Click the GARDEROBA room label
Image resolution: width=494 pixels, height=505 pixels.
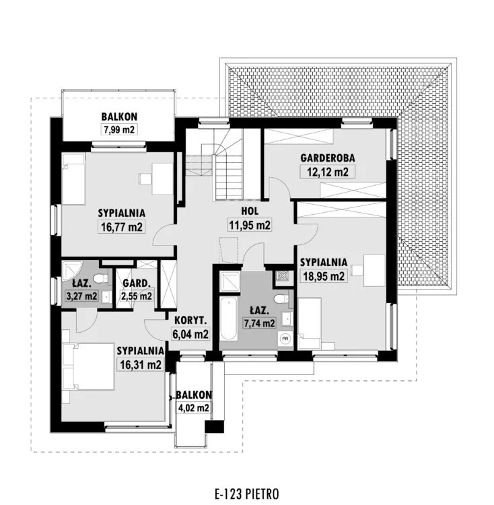point(328,158)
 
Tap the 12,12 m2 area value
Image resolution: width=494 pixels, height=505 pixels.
point(328,172)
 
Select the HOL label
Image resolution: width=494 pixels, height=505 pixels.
point(250,211)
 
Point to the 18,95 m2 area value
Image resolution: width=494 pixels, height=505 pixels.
point(324,276)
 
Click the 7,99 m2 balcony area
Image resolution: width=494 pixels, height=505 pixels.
point(119,130)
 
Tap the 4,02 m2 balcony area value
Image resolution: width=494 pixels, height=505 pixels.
point(193,408)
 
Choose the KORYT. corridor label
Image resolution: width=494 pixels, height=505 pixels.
point(190,321)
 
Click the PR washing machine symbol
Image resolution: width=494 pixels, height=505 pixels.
point(285,339)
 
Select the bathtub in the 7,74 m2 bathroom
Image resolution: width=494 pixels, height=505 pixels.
point(229,319)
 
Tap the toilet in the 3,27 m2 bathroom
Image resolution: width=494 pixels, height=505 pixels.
point(101,278)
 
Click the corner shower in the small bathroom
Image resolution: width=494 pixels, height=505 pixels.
point(72,270)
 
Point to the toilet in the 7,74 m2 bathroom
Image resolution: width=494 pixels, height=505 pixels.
point(281,299)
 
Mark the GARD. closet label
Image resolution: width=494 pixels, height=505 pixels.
point(137,283)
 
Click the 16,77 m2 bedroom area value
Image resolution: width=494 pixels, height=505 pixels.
point(122,227)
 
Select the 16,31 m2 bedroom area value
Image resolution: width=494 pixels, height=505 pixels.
point(140,365)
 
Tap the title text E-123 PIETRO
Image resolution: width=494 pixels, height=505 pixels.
point(247,494)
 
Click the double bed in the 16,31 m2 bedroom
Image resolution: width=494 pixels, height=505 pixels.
point(88,366)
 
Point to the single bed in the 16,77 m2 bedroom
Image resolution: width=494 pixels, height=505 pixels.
point(74,178)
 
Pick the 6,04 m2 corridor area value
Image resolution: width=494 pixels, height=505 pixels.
point(190,334)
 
